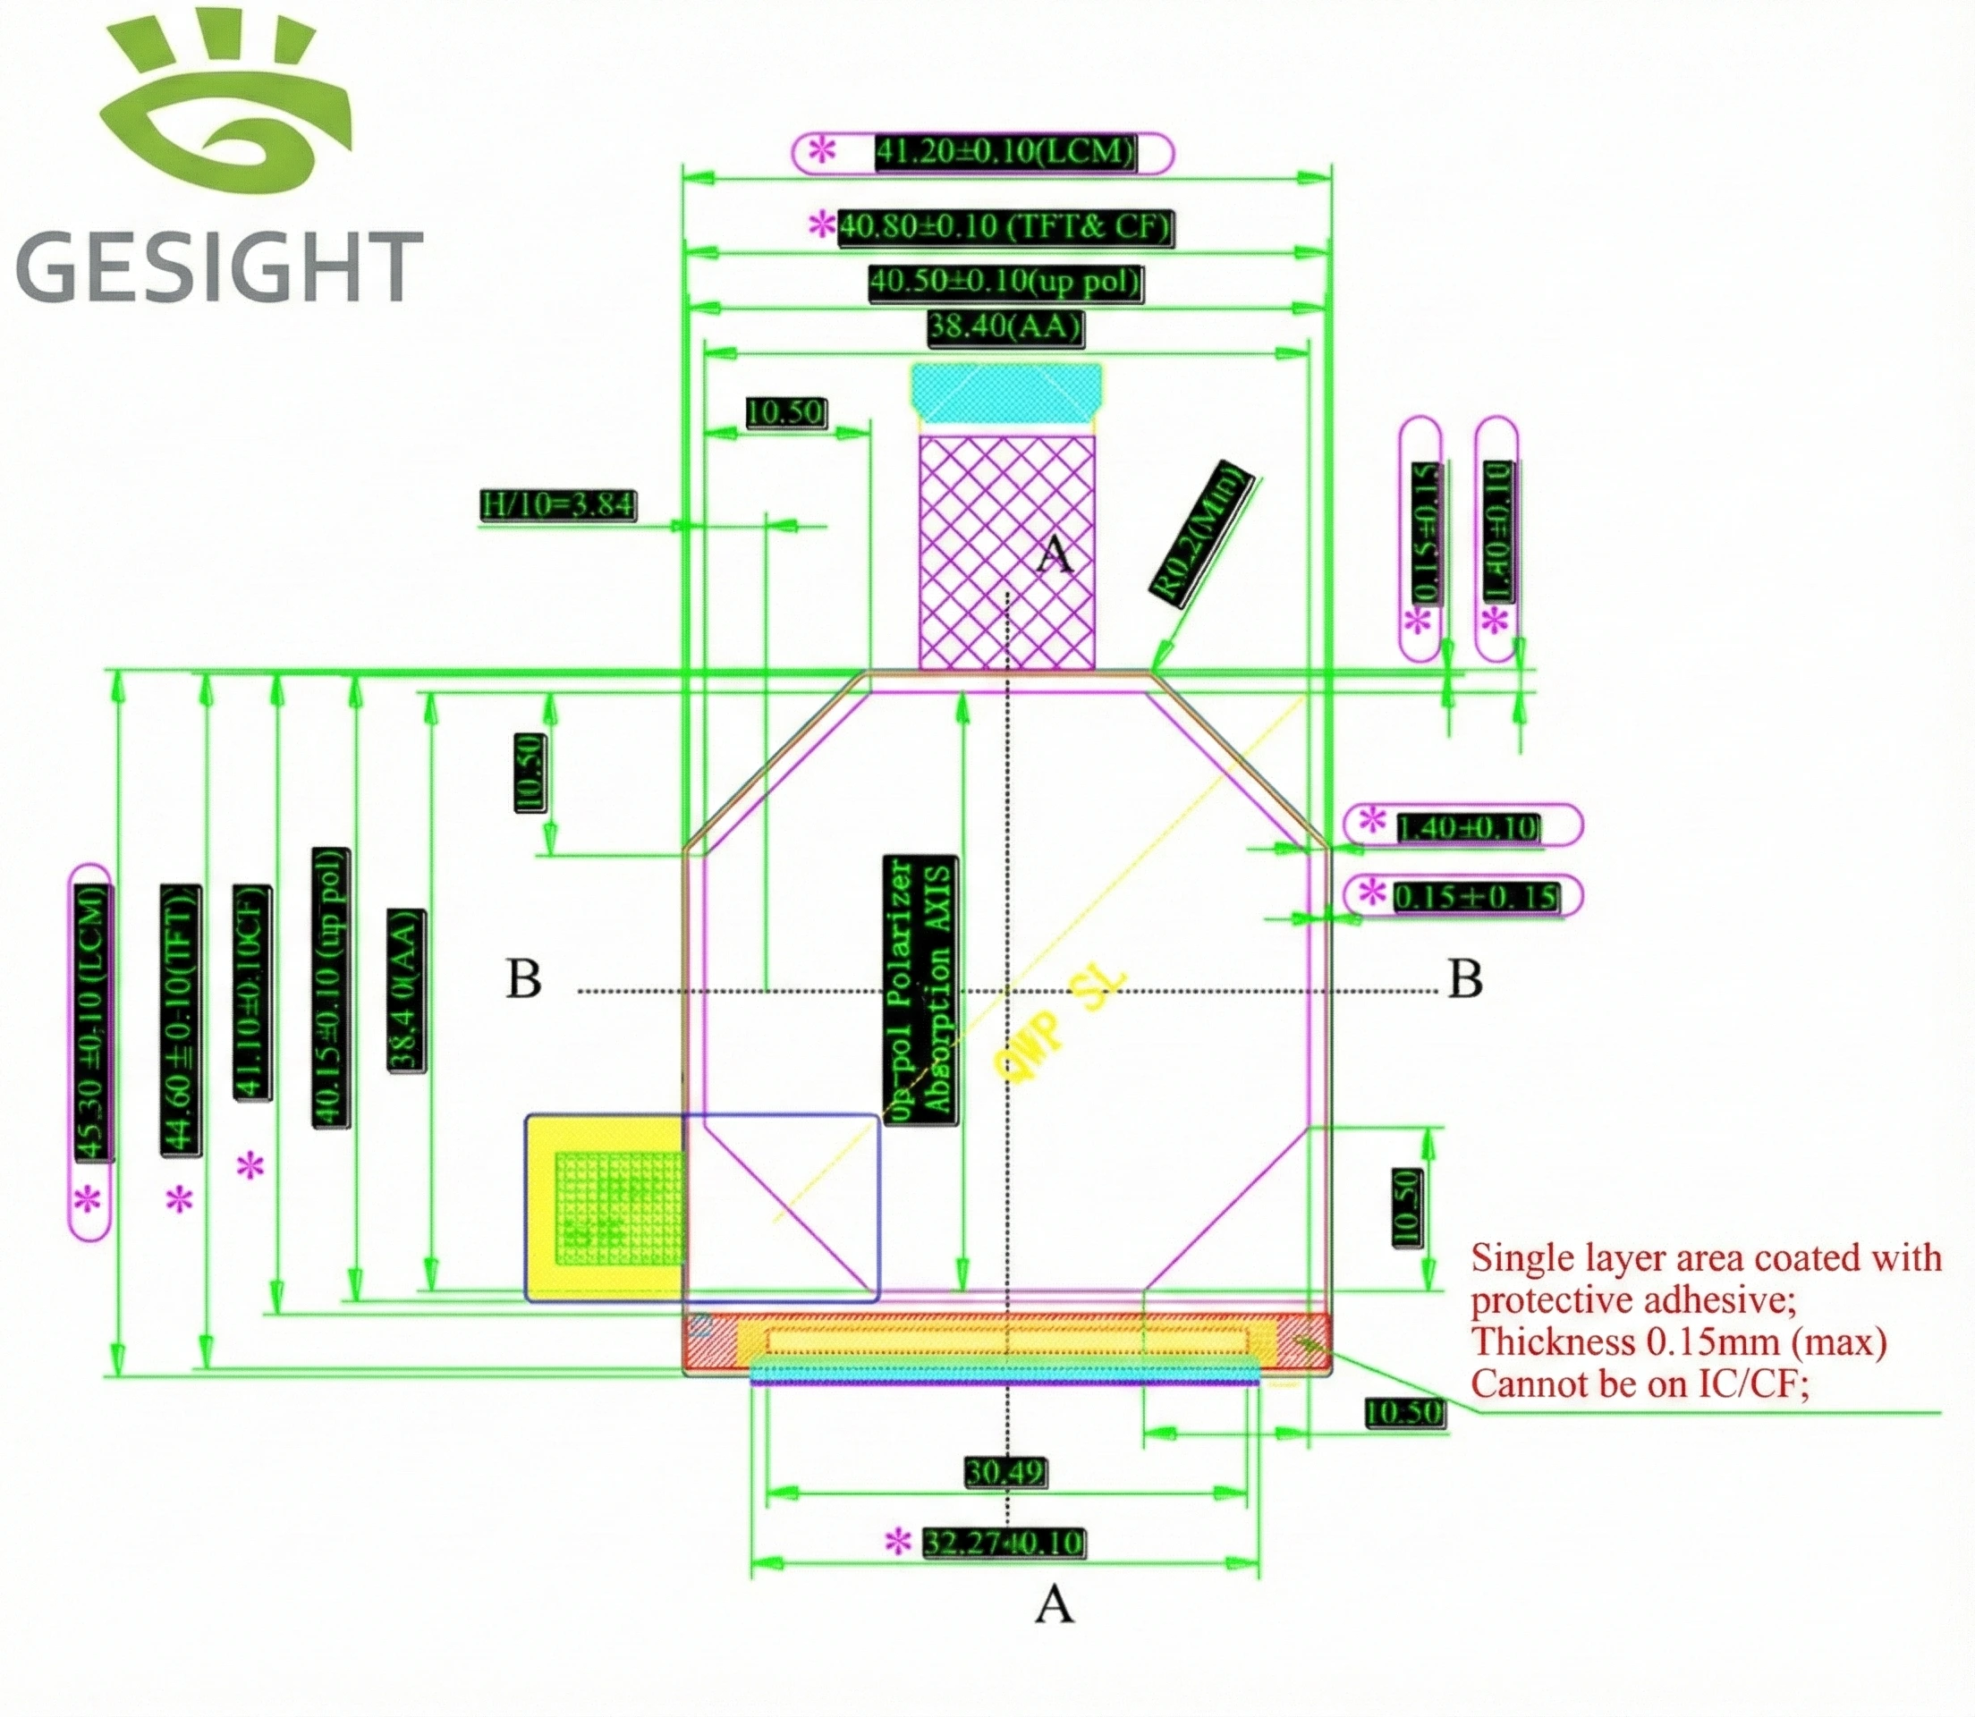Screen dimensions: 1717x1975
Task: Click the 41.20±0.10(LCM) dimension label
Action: [x=1004, y=152]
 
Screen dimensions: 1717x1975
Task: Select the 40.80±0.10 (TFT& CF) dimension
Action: [x=1004, y=227]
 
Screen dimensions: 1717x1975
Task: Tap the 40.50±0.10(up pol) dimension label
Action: [x=1006, y=283]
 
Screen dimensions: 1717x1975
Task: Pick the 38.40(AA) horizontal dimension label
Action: [x=1004, y=327]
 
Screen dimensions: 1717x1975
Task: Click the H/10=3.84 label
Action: [x=556, y=504]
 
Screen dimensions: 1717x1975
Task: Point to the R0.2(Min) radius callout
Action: [x=1201, y=533]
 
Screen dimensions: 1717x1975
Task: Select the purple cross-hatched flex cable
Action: [x=1006, y=552]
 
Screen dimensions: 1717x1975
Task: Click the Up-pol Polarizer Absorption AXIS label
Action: [x=920, y=990]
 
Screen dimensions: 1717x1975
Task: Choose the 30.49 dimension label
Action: [x=1004, y=1472]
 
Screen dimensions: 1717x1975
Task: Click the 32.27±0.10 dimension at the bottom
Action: [x=1004, y=1543]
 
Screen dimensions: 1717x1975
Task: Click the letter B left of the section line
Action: [x=523, y=979]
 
